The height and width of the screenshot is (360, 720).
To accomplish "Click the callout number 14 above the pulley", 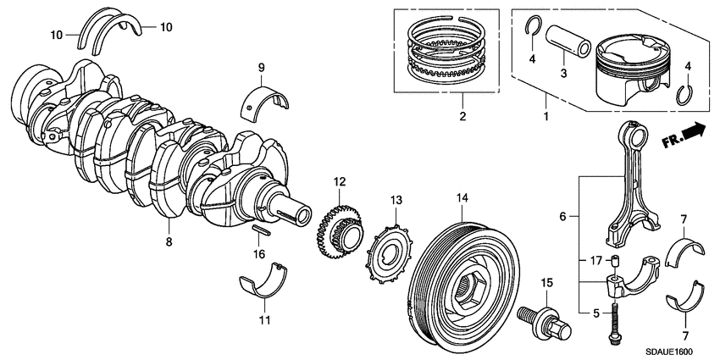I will click(x=461, y=200).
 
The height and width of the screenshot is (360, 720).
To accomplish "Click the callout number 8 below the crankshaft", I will click(x=168, y=242).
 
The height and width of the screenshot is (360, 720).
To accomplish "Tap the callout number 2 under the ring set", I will click(x=462, y=116).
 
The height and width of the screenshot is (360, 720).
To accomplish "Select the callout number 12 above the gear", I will click(x=339, y=181).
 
